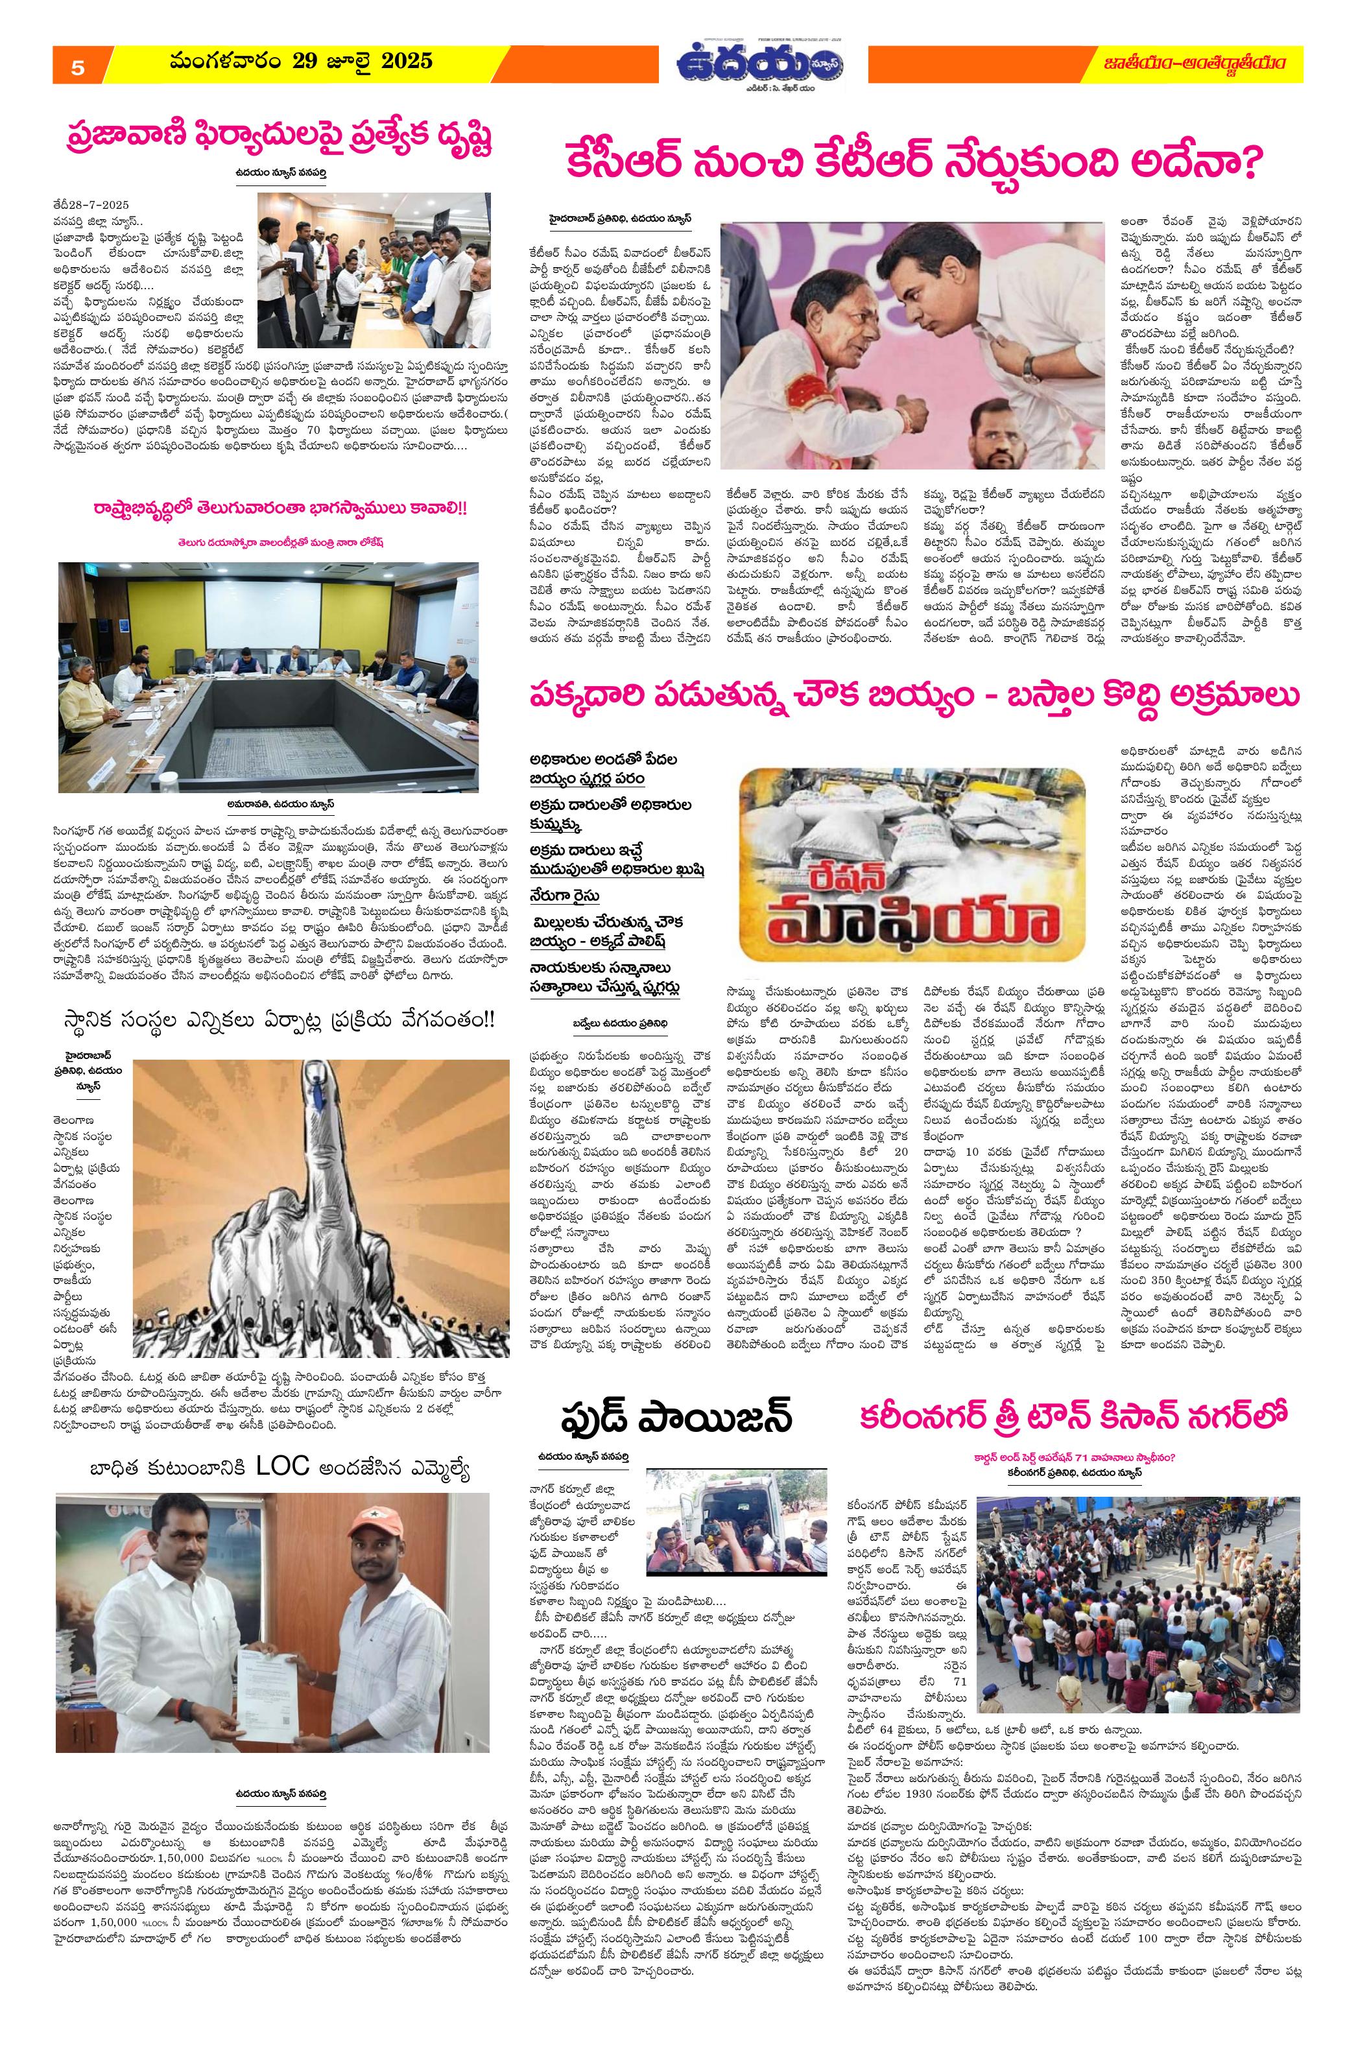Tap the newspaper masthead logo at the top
coord(762,65)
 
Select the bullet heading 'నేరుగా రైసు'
coord(566,896)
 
